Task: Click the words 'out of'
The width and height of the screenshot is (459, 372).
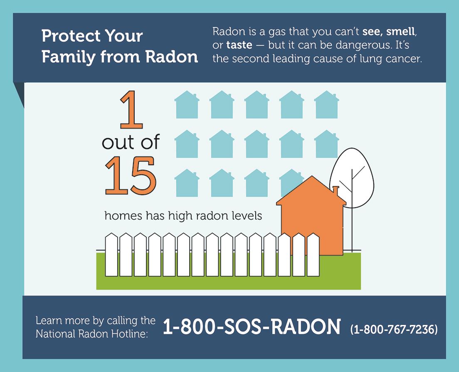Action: point(131,143)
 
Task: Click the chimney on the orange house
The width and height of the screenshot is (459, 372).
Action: point(336,191)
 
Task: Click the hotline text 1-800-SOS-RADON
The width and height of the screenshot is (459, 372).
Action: point(252,327)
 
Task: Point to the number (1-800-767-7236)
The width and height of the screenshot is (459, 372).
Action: point(394,330)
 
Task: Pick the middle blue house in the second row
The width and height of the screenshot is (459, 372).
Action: point(257,144)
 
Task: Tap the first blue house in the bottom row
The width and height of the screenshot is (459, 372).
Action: point(187,183)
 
